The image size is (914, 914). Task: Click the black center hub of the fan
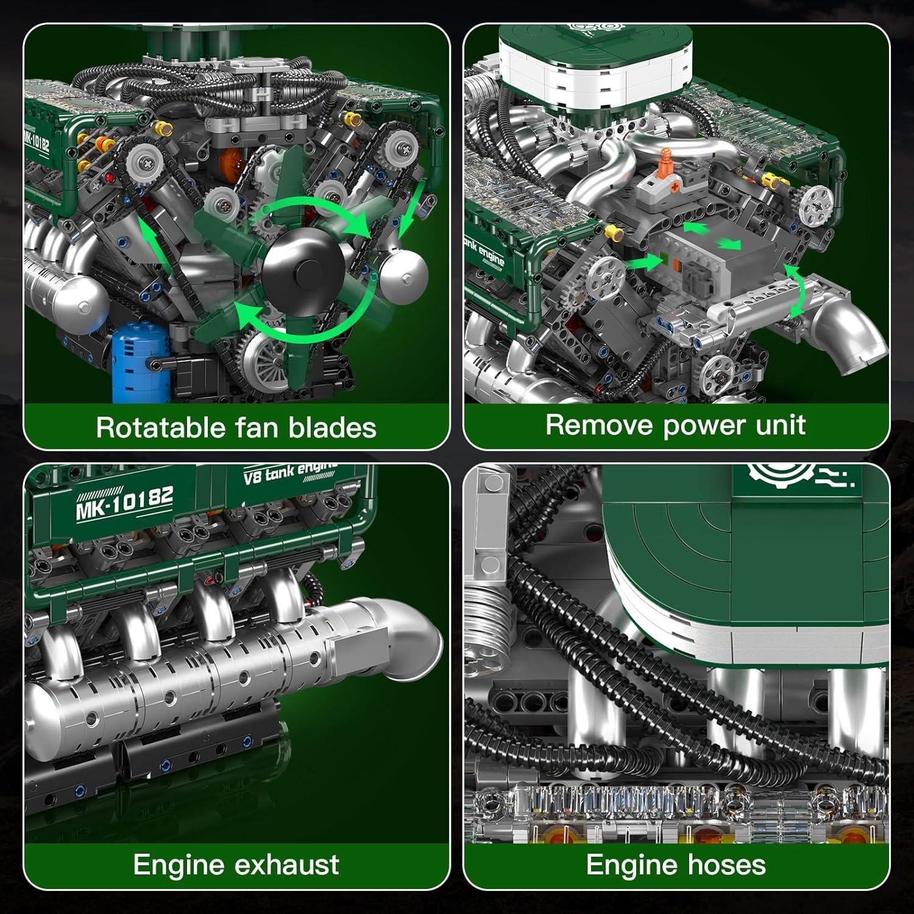(x=303, y=268)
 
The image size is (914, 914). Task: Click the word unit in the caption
(x=780, y=425)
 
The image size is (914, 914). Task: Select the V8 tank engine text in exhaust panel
(x=290, y=473)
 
